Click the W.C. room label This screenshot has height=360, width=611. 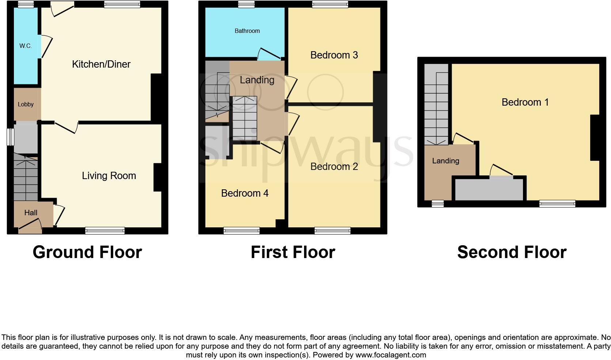pos(26,46)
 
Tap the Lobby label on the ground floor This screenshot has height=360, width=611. pos(26,105)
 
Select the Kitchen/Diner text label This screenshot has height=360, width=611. pos(101,64)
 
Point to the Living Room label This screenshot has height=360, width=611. pos(109,176)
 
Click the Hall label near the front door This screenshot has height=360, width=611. pos(31,213)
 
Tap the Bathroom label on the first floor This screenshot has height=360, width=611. pos(247,31)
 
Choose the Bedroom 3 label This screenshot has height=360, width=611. pos(334,55)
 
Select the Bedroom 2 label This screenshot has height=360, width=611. pos(334,167)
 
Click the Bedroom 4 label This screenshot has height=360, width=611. pos(244,193)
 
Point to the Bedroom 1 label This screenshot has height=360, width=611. pos(525,102)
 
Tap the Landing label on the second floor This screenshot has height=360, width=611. pos(445,161)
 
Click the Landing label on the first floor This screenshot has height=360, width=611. pos(257,80)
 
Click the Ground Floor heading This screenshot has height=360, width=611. pos(87,252)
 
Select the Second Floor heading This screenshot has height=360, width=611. pos(512,252)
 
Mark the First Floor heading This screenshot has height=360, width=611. pos(293,252)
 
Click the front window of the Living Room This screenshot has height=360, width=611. pos(105,230)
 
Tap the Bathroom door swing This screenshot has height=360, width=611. pos(269,54)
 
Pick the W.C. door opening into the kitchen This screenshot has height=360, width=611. pos(45,46)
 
